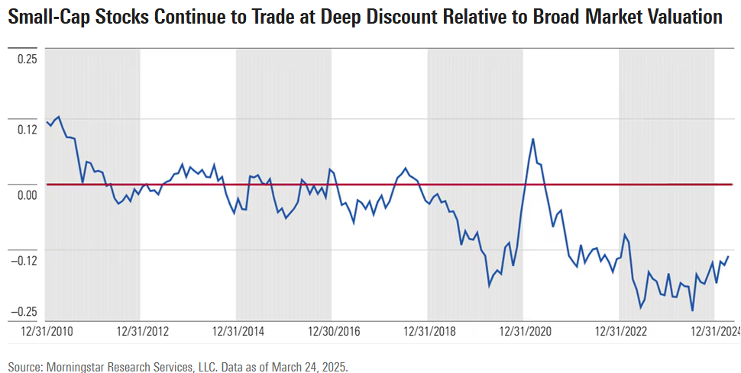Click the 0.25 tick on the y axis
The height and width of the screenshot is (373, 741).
27,59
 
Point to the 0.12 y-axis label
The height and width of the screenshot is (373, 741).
27,129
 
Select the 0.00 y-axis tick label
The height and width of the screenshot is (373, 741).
27,194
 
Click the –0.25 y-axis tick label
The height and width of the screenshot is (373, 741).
25,311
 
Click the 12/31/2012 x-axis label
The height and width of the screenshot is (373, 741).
142,331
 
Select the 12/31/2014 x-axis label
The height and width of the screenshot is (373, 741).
238,331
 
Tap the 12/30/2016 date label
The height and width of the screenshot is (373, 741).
333,331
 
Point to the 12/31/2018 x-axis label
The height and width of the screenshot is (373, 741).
429,331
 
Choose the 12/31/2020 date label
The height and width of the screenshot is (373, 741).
524,331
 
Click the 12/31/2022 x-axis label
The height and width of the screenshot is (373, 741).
620,331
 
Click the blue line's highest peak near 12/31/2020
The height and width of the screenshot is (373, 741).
532,139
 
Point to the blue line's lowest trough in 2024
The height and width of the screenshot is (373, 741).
692,310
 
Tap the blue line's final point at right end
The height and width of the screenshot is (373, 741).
728,256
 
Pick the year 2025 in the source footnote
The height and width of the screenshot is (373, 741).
333,367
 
